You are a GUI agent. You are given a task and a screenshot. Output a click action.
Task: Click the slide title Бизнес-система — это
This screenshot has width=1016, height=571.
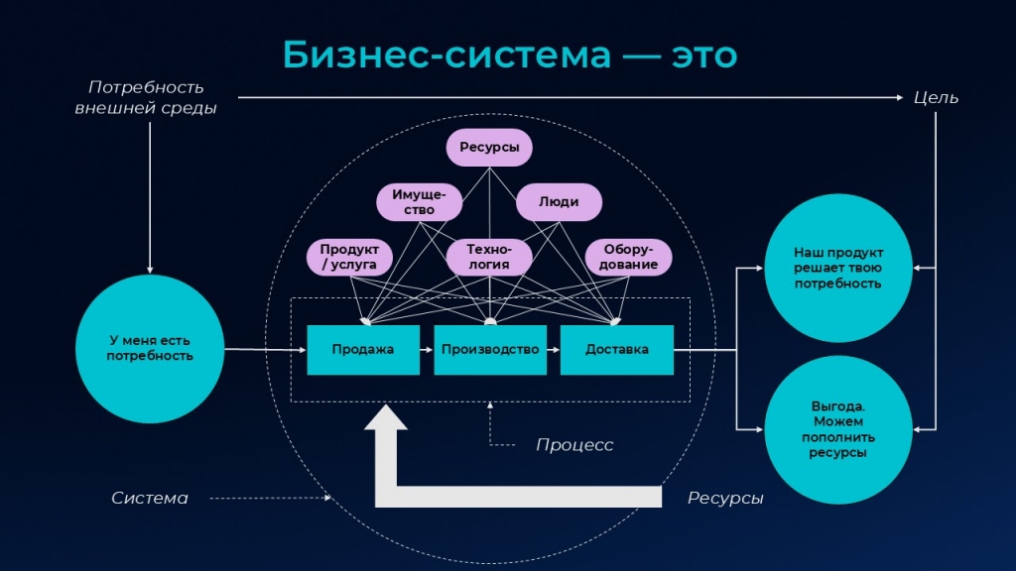510,55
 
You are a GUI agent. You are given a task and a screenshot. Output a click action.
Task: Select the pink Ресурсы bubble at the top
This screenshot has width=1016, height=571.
489,148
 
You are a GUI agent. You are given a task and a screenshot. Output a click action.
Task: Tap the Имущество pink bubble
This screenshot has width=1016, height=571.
420,202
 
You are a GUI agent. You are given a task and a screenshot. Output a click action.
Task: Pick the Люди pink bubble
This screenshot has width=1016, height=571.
559,202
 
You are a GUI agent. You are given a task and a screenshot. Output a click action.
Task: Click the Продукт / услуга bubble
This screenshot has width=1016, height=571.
349,257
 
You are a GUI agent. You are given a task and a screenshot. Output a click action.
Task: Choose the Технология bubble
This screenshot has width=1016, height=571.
489,257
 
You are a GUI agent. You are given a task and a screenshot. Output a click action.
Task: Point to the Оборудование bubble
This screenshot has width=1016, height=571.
628,257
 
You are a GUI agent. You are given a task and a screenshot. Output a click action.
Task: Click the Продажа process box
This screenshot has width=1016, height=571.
363,350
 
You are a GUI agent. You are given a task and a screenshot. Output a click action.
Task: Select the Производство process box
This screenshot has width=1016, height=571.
490,350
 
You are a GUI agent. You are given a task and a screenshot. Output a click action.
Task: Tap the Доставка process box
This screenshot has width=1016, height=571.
617,350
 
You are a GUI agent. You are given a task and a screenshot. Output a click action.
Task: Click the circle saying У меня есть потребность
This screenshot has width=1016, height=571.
150,348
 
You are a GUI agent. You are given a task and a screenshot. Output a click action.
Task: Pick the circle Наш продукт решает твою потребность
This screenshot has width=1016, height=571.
838,268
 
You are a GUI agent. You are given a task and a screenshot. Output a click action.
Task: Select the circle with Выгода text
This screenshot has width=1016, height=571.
838,430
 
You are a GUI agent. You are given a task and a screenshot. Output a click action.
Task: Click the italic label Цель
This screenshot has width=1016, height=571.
936,98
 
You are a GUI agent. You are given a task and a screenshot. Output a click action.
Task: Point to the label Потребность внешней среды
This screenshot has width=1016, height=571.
146,98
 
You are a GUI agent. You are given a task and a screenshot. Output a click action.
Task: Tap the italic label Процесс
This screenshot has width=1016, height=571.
574,445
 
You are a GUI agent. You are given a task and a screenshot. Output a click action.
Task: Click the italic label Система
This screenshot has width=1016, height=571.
150,498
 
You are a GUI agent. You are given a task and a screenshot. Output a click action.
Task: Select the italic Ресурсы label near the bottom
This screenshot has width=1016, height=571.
725,498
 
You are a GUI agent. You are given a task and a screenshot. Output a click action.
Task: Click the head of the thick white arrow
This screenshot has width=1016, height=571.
386,417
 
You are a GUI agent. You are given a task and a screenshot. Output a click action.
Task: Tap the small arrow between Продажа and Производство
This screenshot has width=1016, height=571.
427,350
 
